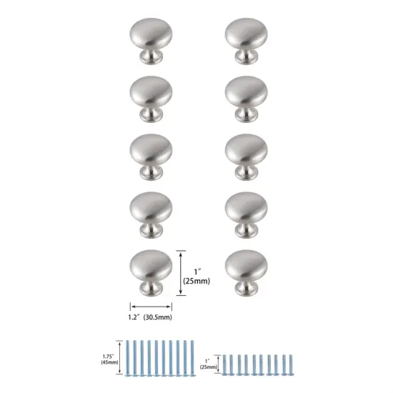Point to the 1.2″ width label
point(132,315)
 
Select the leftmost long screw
point(128,357)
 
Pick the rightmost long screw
point(192,357)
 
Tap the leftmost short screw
point(225,364)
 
